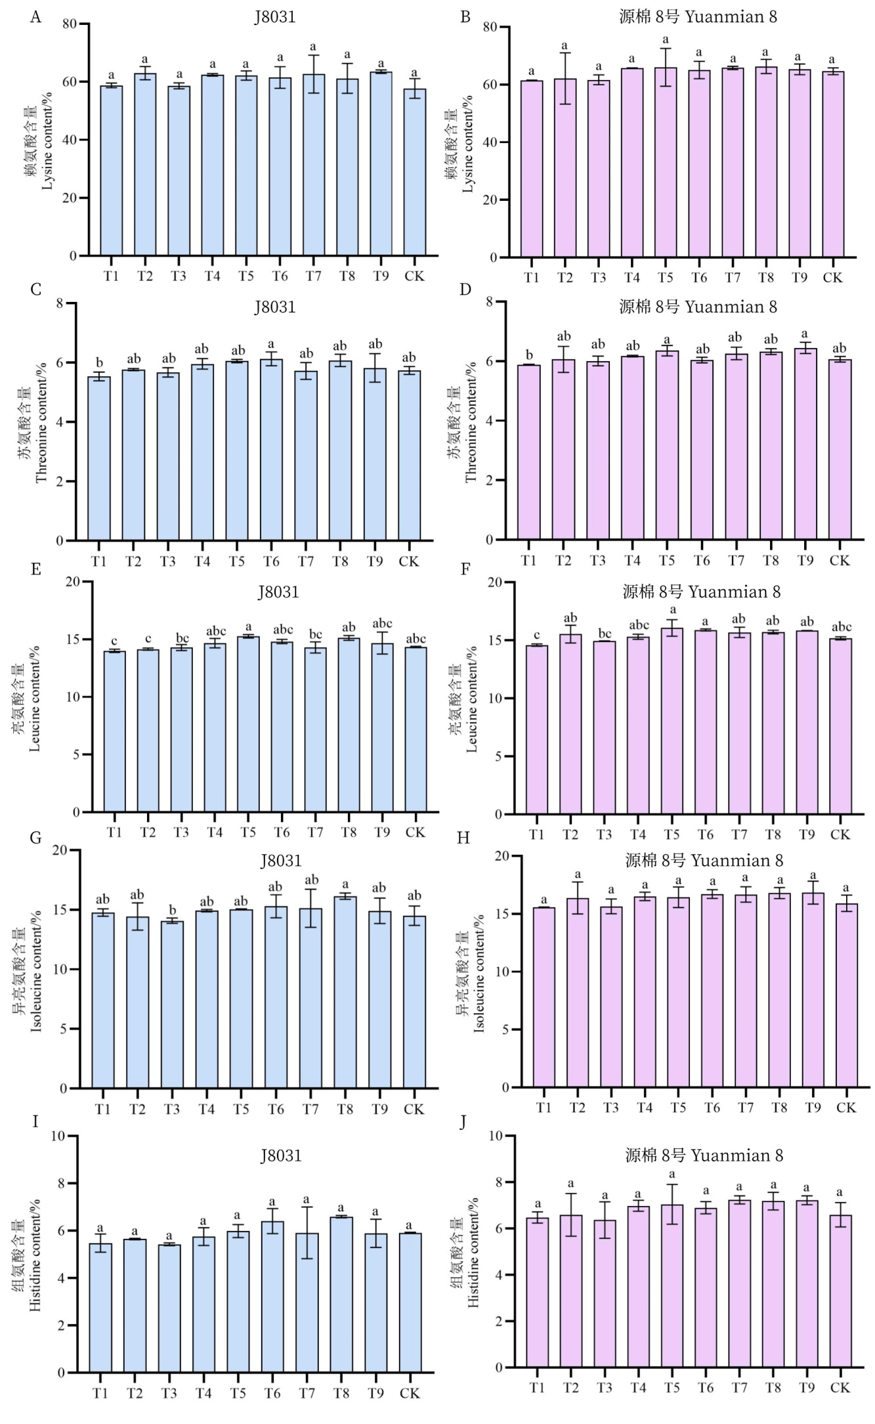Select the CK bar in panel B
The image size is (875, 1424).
832,164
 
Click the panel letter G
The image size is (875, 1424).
36,838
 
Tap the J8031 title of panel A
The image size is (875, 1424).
275,17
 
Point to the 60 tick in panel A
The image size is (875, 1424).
70,82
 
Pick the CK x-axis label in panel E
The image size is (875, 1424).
415,832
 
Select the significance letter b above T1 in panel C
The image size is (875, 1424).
99,362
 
